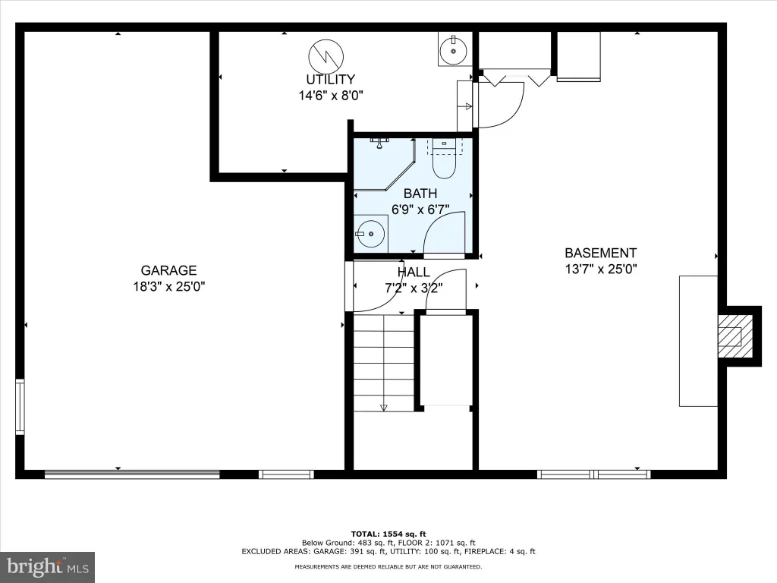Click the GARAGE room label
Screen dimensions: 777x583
[168, 270]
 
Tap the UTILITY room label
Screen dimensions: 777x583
[330, 79]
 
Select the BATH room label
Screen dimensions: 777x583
[420, 194]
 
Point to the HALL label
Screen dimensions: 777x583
[414, 273]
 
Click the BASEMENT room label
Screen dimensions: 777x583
[601, 253]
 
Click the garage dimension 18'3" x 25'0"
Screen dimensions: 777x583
[168, 286]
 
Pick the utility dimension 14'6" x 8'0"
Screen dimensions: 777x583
[331, 95]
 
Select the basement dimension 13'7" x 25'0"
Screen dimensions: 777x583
[601, 269]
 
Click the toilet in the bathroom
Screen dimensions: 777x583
[444, 158]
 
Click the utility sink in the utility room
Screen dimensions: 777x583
[453, 49]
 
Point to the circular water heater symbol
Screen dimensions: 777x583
[326, 57]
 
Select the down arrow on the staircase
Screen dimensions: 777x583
[383, 408]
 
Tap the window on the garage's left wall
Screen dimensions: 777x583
[20, 407]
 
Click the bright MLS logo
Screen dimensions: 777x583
[48, 567]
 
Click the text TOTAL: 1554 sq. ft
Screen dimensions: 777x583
[388, 534]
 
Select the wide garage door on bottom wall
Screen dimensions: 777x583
[132, 474]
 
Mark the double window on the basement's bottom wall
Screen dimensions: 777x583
[594, 474]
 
